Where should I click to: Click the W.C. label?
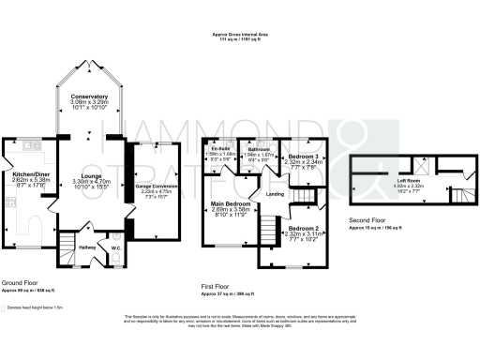115,248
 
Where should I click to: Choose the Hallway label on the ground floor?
86,247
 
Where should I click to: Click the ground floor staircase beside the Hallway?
67,249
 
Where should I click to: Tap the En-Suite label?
220,149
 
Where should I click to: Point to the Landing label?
275,194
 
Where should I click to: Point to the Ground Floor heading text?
21,282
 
